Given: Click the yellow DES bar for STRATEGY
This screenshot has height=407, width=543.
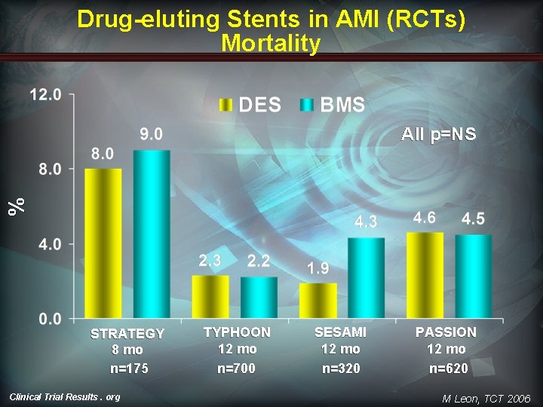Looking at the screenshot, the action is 103,243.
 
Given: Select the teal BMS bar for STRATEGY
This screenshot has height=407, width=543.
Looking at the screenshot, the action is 152,234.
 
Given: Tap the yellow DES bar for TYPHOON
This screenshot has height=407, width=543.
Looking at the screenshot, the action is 210,297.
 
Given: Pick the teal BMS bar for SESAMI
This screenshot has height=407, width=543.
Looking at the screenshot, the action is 366,278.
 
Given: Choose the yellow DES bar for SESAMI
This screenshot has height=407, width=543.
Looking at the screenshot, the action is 318,301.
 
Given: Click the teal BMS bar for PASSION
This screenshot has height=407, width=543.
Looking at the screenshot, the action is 474,276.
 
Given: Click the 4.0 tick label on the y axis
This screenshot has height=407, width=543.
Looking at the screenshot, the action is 50,244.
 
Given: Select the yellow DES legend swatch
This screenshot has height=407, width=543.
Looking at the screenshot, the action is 225,105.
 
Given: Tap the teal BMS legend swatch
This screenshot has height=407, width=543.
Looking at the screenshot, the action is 306,105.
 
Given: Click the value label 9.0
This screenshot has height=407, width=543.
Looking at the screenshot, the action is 152,134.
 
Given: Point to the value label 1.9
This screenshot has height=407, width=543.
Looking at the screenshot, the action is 318,268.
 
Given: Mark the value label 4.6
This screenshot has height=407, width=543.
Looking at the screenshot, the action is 425,218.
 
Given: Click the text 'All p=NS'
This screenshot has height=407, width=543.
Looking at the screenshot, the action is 438,134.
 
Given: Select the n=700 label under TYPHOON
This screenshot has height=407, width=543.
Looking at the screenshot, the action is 237,369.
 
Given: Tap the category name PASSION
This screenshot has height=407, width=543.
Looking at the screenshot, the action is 446,332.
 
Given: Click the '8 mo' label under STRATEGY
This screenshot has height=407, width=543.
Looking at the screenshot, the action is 127,350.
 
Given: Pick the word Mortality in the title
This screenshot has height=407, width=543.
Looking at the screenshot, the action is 271,44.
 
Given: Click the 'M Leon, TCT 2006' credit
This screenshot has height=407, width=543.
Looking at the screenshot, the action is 486,399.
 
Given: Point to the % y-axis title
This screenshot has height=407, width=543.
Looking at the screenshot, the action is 17,207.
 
